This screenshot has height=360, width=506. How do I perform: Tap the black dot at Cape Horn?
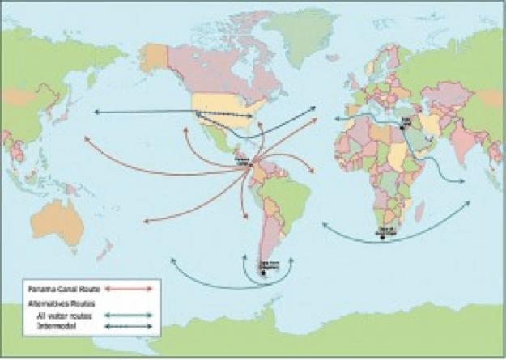click(262, 273)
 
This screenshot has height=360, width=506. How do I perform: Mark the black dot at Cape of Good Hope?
click(385, 237)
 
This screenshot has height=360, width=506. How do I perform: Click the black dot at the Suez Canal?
click(402, 128)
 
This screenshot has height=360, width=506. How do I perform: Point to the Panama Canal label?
click(240, 161)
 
